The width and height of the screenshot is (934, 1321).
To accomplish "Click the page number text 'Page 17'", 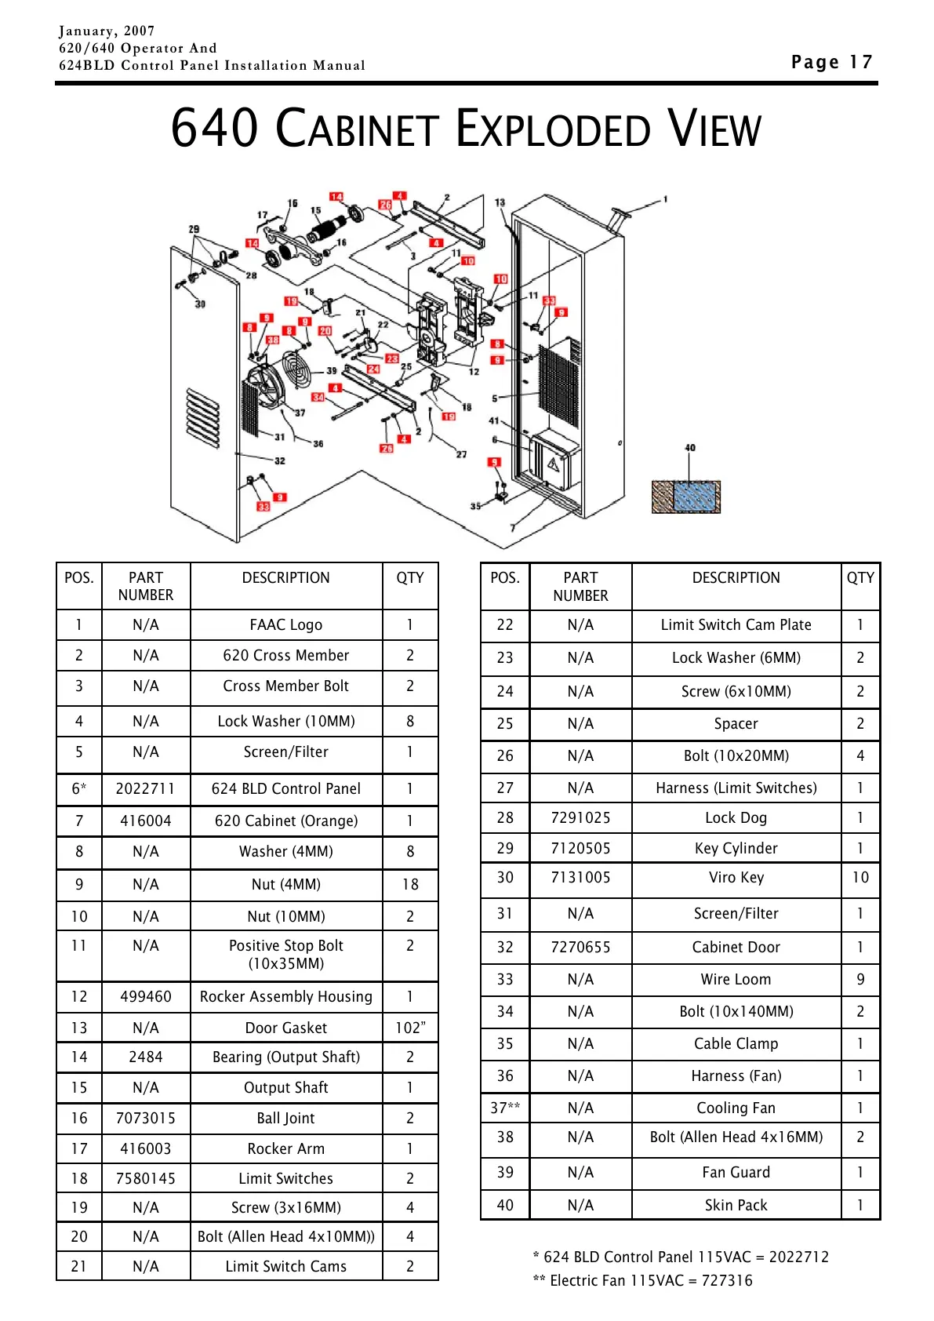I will pyautogui.click(x=831, y=62).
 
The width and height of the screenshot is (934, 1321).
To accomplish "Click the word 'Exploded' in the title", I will pyautogui.click(x=553, y=129).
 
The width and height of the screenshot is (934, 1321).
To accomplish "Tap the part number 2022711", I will pyautogui.click(x=145, y=788).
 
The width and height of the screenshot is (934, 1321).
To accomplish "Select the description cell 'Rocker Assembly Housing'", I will pyautogui.click(x=285, y=996).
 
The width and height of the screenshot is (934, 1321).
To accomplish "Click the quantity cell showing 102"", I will pyautogui.click(x=409, y=1028).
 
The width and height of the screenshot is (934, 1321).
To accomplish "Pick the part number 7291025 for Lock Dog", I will pyautogui.click(x=580, y=817).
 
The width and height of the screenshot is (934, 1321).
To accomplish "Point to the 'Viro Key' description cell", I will pyautogui.click(x=736, y=877).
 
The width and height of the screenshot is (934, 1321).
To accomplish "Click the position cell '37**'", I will pyautogui.click(x=505, y=1108).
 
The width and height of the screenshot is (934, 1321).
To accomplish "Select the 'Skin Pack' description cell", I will pyautogui.click(x=736, y=1205).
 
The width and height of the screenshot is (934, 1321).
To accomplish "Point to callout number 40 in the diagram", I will pyautogui.click(x=690, y=448).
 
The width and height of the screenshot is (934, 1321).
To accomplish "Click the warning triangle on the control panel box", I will pyautogui.click(x=554, y=464).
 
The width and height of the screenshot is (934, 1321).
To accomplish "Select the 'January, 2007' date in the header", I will pyautogui.click(x=107, y=31).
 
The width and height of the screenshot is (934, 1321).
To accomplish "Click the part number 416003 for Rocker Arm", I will pyautogui.click(x=145, y=1148).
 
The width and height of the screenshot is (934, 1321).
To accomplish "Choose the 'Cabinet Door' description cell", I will pyautogui.click(x=736, y=947).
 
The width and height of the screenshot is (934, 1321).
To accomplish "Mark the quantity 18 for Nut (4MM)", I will pyautogui.click(x=409, y=884).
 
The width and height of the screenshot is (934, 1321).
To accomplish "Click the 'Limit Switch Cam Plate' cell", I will pyautogui.click(x=736, y=624).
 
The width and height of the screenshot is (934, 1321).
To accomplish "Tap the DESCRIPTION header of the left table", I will pyautogui.click(x=285, y=578).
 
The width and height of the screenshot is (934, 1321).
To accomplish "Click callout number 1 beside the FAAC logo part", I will pyautogui.click(x=665, y=199).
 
